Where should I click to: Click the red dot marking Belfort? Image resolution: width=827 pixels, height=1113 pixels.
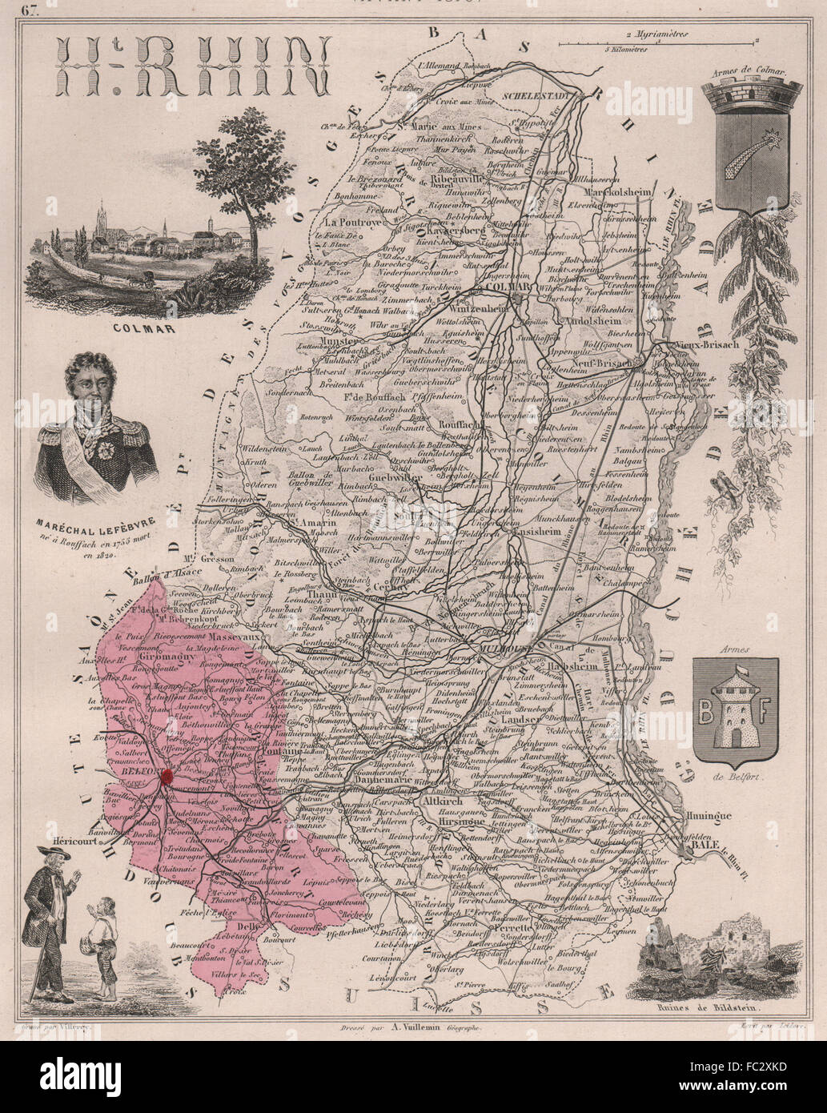coord(167,775)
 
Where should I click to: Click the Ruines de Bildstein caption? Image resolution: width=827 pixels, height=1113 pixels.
coord(718,1010)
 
